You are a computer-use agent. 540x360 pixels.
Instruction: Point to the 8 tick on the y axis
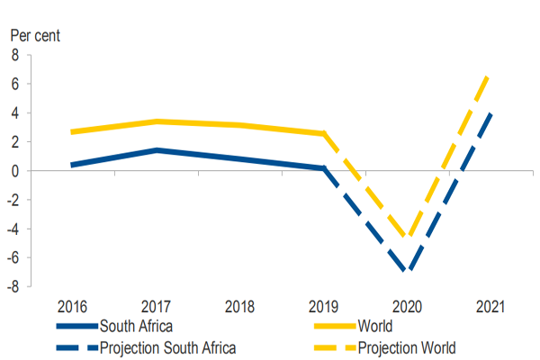(14, 56)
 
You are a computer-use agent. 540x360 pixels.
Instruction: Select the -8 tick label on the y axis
(13, 286)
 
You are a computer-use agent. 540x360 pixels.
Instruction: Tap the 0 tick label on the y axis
(14, 171)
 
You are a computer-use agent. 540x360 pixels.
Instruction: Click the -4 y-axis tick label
(13, 229)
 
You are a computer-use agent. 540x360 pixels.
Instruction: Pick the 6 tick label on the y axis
(14, 85)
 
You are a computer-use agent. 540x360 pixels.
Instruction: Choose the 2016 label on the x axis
(72, 305)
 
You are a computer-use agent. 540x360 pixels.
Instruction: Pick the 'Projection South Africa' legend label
(168, 347)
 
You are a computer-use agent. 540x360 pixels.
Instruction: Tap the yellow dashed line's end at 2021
(489, 76)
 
